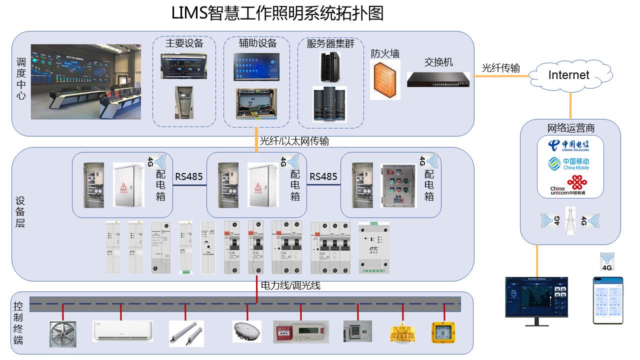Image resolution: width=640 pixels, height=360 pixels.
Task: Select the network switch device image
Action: (438, 79)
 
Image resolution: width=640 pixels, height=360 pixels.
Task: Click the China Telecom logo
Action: (568, 145)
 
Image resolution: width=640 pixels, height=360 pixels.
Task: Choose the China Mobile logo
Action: (568, 164)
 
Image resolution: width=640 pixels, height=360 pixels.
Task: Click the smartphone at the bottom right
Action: (608, 300)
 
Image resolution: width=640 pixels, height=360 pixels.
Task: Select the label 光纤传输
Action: (500, 68)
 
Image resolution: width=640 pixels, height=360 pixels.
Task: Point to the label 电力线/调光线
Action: (290, 285)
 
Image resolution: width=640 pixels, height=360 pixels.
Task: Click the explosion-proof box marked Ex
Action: (398, 185)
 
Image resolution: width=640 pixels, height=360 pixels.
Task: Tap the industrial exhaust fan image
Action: (65, 333)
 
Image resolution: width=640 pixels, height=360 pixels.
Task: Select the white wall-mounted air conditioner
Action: (122, 331)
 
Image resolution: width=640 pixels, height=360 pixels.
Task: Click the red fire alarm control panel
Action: (301, 331)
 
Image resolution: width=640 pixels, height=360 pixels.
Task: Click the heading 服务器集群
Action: (330, 43)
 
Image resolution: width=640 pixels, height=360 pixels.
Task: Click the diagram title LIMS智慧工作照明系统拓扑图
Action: (277, 13)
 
